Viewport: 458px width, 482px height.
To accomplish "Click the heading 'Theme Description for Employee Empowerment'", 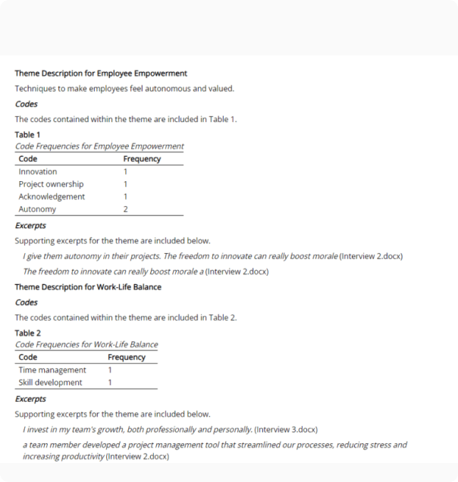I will coord(101,74).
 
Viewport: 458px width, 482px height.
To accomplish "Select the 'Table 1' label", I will coord(28,135).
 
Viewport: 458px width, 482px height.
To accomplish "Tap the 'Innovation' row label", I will coord(38,171).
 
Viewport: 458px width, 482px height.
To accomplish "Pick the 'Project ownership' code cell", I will coord(51,184).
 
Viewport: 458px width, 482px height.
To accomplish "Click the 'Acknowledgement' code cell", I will coord(52,196).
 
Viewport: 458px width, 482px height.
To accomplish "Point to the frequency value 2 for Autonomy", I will coord(125,209).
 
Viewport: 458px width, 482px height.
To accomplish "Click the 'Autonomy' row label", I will coord(37,209).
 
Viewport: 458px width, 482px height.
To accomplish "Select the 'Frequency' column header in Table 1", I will coord(142,159).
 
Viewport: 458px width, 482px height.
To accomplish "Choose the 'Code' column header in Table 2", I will coord(28,357).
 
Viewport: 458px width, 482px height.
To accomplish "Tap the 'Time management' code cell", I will coord(52,370).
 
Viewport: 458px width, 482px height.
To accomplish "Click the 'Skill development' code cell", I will coord(51,383).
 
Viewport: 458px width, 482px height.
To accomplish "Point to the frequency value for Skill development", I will coord(110,383).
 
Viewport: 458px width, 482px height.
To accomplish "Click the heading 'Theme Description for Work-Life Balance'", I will coord(88,287).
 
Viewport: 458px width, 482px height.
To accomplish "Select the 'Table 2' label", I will coord(28,333).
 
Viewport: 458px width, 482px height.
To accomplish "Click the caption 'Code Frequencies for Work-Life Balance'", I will coord(86,345).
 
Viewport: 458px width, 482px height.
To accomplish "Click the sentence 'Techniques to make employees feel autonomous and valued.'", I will coord(124,89).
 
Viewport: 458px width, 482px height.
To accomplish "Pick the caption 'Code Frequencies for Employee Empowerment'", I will coord(99,146).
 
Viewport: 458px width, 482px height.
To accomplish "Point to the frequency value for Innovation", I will coord(125,171).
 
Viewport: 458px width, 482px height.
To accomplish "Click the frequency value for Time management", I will coord(110,370).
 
